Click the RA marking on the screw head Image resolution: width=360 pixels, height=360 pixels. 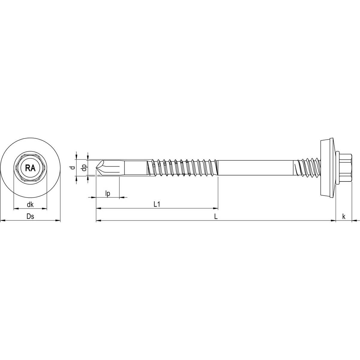tap(30, 168)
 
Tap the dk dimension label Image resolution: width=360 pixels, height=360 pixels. tap(30, 205)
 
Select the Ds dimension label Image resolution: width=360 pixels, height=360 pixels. tap(30, 217)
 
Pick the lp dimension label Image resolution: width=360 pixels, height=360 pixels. tap(108, 193)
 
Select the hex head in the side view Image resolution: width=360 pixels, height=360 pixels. tap(345, 168)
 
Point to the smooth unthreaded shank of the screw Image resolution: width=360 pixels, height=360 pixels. tap(255, 168)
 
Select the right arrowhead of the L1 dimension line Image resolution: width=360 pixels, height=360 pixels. tap(216, 208)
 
